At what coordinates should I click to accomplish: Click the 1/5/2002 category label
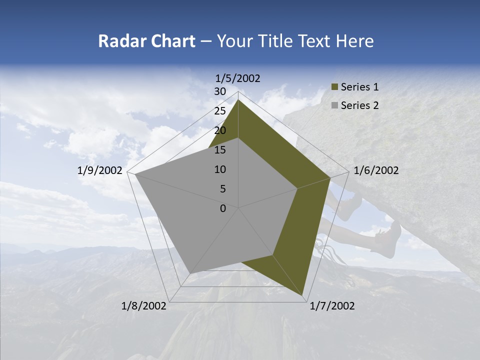coord(238,78)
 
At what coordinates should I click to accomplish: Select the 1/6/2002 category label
coord(376,171)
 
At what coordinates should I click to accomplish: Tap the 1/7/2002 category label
coord(331,306)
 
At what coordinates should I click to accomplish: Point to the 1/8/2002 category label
coord(144,306)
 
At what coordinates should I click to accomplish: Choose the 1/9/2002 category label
coord(100,171)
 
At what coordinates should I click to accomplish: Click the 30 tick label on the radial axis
coord(220,92)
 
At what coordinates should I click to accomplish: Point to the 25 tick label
coord(220,111)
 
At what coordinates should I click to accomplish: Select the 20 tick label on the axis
coord(220,131)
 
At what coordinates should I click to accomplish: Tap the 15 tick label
coord(220,150)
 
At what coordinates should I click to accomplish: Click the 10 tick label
coord(220,169)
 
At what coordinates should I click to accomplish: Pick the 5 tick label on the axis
coord(222,189)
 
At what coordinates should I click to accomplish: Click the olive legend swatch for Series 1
coord(334,87)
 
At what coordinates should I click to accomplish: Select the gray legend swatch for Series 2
coord(334,105)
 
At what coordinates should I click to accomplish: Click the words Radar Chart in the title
coord(146,41)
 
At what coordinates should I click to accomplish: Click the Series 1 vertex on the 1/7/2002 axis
coord(303,295)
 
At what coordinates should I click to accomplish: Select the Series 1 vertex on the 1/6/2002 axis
coord(330,177)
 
